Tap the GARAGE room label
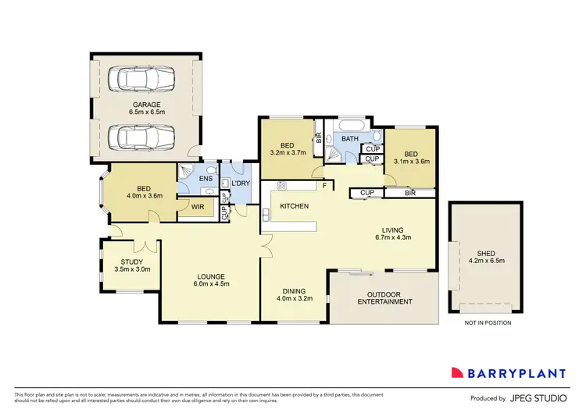click(145, 104)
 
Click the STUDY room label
click(131, 262)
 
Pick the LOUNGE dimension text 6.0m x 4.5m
click(212, 285)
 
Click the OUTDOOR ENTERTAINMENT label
click(384, 297)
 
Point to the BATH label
click(349, 139)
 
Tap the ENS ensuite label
click(206, 180)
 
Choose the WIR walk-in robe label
click(198, 208)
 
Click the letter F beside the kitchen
click(323, 186)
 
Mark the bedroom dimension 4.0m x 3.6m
click(144, 196)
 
